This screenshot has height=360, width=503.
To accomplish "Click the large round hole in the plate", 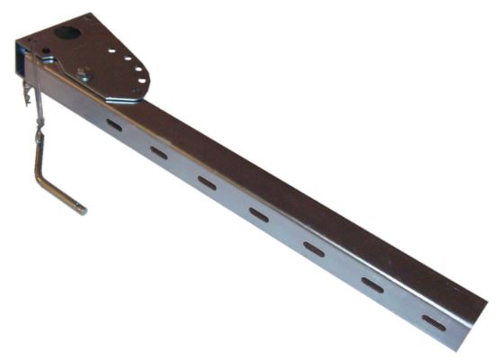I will coord(68,34).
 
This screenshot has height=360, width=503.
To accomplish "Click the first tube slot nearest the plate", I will coord(114,125).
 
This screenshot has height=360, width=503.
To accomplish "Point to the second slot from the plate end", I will coord(159,152).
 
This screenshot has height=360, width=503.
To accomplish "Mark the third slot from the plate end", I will coord(208,183).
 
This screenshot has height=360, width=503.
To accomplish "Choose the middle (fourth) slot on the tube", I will coord(259,214).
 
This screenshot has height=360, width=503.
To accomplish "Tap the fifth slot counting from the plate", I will coord(314,247).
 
